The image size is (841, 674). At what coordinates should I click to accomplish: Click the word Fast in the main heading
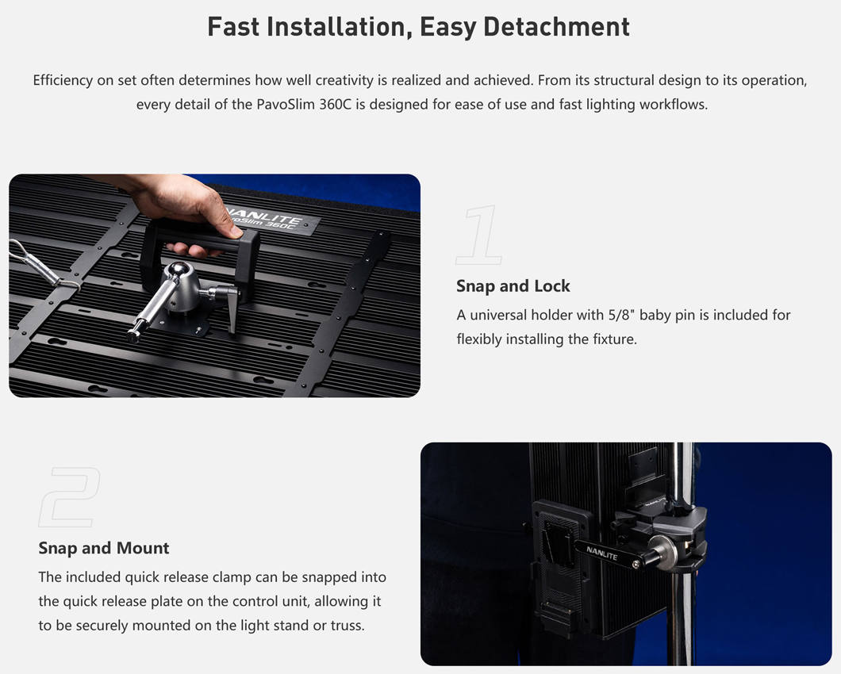[x=233, y=27]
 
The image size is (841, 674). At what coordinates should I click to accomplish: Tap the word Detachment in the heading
[x=556, y=27]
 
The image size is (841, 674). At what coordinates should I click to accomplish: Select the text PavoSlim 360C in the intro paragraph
[x=304, y=104]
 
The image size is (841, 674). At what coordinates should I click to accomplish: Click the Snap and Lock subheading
[x=513, y=285]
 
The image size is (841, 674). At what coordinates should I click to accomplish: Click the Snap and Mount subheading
[x=103, y=548]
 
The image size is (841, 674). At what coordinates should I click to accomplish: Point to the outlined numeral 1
[x=479, y=235]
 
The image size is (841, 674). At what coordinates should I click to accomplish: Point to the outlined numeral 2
[x=69, y=497]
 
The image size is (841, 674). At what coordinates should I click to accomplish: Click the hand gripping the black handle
[x=188, y=206]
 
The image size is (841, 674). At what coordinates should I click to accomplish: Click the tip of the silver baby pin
[x=132, y=336]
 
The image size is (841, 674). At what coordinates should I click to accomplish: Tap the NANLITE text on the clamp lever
[x=601, y=553]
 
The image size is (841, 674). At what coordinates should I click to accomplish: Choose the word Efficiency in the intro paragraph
[x=63, y=80]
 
